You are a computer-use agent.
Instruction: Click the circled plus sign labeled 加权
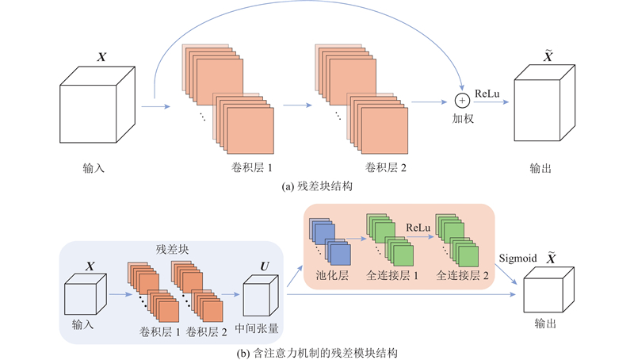click(460, 101)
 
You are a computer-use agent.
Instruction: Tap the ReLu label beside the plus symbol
click(486, 94)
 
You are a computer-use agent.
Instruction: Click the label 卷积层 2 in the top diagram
click(387, 168)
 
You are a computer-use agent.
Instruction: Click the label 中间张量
click(262, 327)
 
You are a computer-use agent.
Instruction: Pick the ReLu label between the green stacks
click(417, 228)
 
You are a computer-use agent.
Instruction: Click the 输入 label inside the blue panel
click(83, 327)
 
